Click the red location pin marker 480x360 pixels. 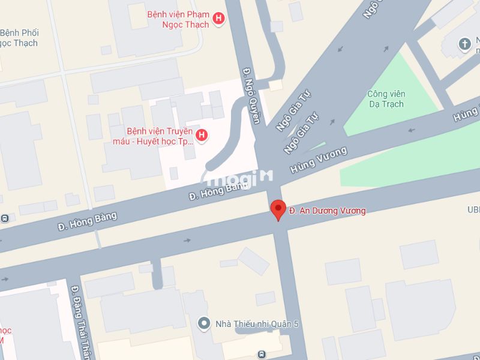tap(278, 209)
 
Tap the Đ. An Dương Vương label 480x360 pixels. tap(327, 211)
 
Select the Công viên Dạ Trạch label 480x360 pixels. tap(386, 99)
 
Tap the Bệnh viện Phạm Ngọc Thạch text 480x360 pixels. tap(178, 19)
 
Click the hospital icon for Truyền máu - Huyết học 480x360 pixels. tap(202, 136)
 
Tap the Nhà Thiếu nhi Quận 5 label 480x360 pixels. tap(257, 325)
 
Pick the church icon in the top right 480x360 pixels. tap(464, 43)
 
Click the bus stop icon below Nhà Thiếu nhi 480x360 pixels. tap(262, 354)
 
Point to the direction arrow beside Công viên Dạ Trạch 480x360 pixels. tap(411, 130)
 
